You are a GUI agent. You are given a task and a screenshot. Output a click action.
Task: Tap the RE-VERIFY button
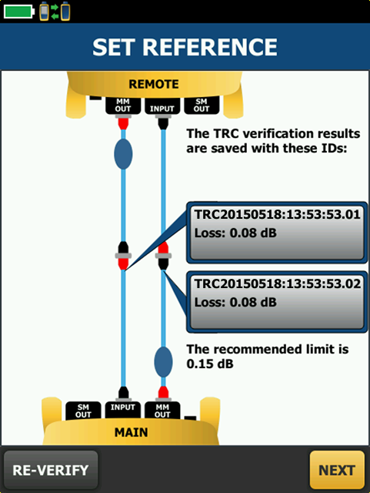pos(51,470)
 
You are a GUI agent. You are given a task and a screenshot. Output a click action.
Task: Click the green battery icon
pos(18,12)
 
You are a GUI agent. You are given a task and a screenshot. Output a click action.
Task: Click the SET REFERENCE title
pos(185,47)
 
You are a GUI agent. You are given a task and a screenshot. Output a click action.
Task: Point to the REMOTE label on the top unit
pos(154,84)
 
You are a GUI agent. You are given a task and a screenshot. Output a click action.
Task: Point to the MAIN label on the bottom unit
pos(131,432)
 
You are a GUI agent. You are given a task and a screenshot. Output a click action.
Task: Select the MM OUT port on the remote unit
pos(123,106)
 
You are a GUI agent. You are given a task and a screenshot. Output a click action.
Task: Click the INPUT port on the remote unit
pos(162,106)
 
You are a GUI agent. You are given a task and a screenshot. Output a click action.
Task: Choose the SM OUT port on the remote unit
pos(202,106)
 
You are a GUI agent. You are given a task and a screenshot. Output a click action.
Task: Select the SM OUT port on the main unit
pos(83,411)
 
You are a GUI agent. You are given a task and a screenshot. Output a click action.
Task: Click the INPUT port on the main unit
pos(122,410)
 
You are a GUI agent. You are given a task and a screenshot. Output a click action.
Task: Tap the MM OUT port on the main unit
pos(162,411)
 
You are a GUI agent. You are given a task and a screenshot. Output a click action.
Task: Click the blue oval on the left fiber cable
pos(123,154)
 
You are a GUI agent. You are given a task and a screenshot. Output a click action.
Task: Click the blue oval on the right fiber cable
pos(163,362)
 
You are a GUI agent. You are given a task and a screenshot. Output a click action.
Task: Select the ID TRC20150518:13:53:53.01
pos(278,214)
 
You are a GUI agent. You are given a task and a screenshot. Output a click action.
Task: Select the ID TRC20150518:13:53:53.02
pos(278,283)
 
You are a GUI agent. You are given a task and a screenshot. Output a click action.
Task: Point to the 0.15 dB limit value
pos(210,364)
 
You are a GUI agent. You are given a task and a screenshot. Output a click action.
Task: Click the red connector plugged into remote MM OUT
pos(123,123)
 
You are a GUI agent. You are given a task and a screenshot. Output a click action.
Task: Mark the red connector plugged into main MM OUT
pos(163,393)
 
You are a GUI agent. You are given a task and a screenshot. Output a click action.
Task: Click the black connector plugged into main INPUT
pos(123,393)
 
